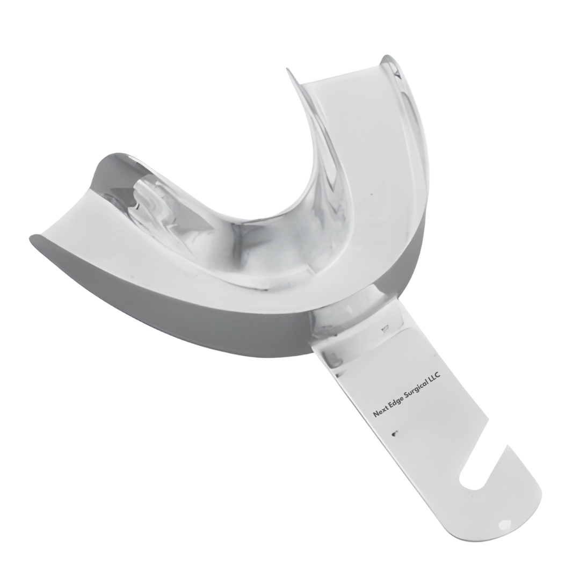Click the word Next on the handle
(380, 412)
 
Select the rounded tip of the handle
(518, 518)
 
